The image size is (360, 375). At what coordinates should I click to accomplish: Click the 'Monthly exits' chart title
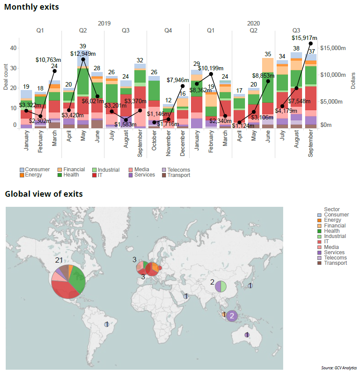point(32,7)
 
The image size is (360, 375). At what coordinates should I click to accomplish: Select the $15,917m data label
point(304,38)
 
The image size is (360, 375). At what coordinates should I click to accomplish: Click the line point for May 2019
point(83,59)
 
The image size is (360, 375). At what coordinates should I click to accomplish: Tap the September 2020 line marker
point(311,43)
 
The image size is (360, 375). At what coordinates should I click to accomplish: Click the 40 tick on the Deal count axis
point(14,48)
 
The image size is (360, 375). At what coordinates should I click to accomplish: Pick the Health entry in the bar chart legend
point(71,175)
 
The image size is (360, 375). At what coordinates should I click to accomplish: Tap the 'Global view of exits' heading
point(43,194)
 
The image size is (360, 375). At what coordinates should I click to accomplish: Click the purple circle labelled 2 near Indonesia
point(232,316)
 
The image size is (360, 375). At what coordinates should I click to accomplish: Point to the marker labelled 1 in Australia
point(247,335)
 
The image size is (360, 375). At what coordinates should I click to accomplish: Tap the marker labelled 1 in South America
point(106,324)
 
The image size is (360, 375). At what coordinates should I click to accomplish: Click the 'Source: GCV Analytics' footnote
point(339,368)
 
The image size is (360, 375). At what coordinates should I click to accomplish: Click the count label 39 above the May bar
point(83,46)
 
